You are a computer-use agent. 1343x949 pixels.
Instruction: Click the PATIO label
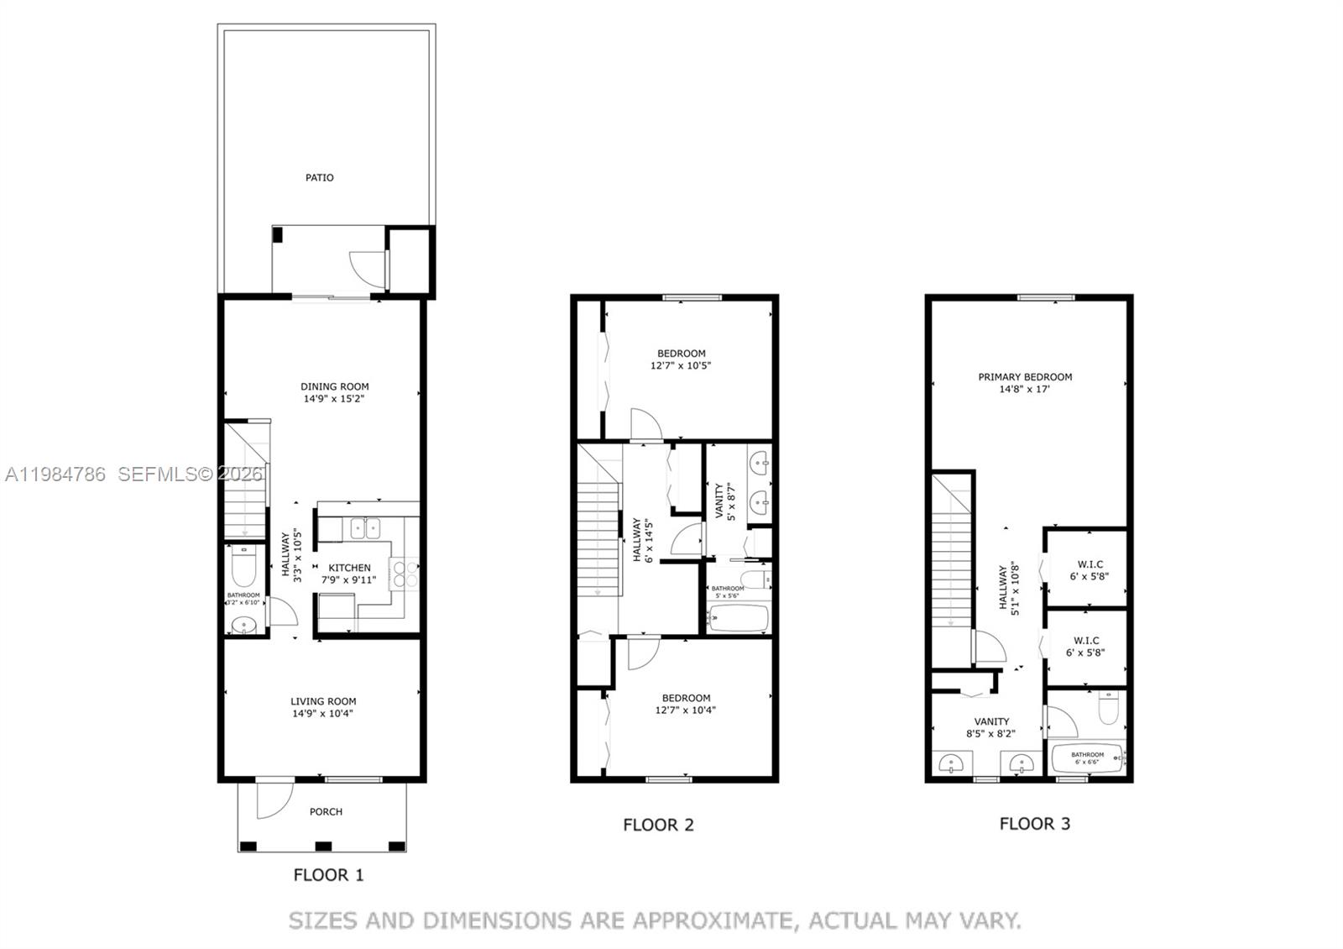[x=319, y=177]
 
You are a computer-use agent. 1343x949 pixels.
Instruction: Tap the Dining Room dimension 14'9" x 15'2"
[x=336, y=399]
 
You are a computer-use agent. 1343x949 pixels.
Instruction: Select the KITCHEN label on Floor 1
[x=349, y=568]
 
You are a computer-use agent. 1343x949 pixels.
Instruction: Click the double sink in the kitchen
[x=364, y=528]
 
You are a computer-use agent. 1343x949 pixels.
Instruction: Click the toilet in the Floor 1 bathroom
[x=243, y=568]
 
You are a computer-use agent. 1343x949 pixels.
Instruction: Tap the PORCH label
[x=326, y=811]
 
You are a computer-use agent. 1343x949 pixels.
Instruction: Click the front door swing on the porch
[x=270, y=800]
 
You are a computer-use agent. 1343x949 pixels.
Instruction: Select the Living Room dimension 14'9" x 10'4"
[x=323, y=714]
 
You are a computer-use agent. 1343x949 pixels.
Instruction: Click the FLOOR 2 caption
[x=658, y=825]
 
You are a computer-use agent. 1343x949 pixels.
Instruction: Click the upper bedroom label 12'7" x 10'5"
[x=681, y=365]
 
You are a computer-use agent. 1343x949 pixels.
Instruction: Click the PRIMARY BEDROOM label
[x=1025, y=377]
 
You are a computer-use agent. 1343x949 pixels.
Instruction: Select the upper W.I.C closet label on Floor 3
[x=1089, y=564]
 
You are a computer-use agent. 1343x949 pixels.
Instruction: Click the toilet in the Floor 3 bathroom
[x=1110, y=710]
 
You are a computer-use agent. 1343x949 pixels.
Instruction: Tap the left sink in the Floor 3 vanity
[x=952, y=763]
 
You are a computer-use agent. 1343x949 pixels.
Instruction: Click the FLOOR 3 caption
[x=1034, y=824]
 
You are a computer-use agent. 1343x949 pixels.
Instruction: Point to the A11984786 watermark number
[x=55, y=474]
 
